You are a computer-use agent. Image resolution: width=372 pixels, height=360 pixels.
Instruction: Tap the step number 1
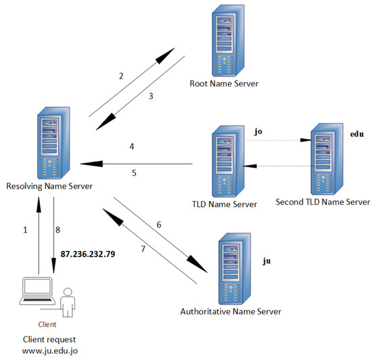click(x=26, y=230)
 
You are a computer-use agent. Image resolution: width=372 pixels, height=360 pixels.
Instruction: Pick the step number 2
click(x=121, y=76)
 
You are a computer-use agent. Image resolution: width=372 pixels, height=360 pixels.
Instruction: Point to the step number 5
click(x=134, y=173)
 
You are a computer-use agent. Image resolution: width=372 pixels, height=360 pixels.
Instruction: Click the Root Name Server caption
click(x=223, y=84)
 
